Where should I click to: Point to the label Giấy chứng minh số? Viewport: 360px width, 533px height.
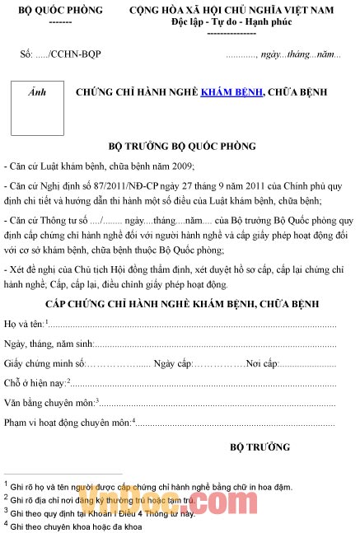coord(44,362)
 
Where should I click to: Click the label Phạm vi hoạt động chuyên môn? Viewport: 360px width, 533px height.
coord(67,423)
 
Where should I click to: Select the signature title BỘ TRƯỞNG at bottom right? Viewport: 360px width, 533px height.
coord(259,447)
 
